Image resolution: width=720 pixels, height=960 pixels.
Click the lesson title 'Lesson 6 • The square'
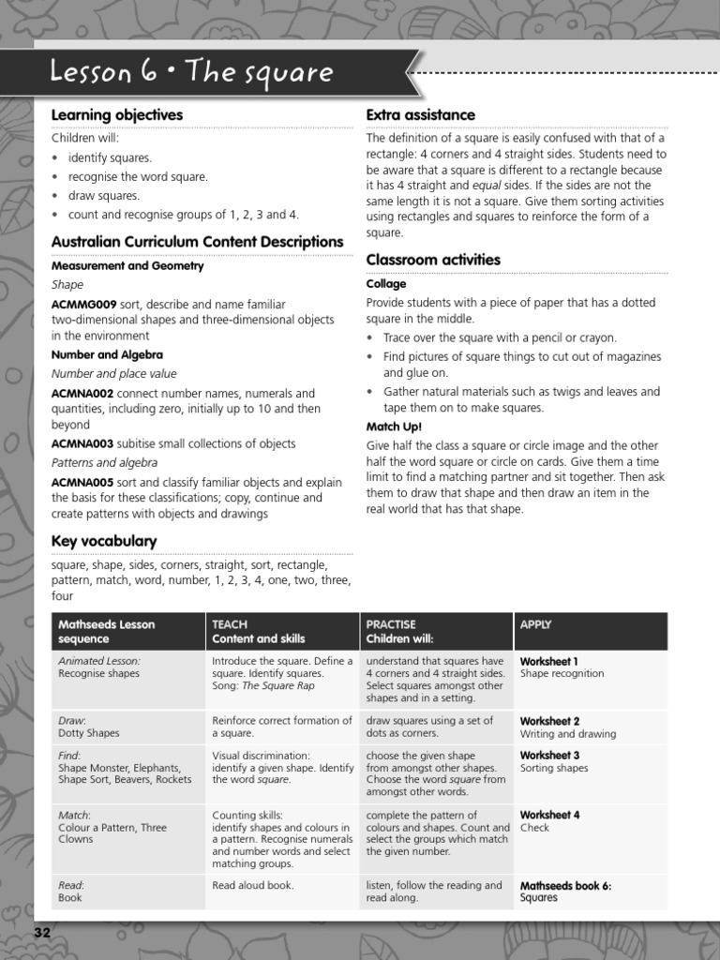191,72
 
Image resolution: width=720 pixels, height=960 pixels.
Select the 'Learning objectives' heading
116,115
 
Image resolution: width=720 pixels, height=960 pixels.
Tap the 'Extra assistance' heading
420,115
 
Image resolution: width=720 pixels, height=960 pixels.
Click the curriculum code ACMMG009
83,305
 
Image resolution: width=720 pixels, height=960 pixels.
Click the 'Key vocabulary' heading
103,542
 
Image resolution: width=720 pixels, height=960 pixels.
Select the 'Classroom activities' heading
433,260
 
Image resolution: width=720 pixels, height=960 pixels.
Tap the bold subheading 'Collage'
385,284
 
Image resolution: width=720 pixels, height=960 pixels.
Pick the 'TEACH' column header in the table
230,624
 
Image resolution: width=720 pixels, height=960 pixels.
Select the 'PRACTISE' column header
391,624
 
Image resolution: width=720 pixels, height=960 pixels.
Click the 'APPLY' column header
535,624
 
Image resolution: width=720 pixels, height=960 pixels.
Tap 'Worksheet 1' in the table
549,661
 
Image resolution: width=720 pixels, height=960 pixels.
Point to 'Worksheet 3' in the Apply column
549,756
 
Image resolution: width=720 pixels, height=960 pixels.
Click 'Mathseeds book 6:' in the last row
565,885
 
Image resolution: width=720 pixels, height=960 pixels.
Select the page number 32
42,933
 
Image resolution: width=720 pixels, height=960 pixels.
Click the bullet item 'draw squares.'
103,196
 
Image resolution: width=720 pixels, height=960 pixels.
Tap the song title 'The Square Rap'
278,685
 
